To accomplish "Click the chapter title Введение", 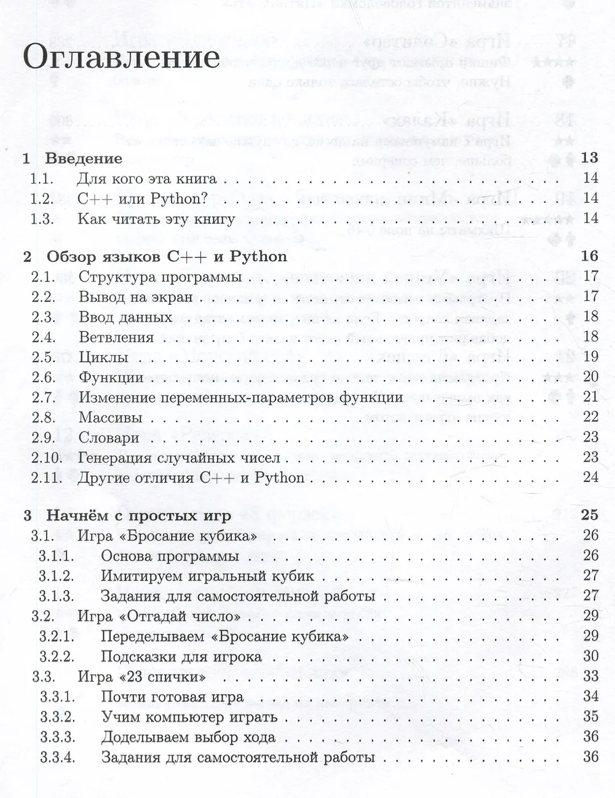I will pyautogui.click(x=84, y=158).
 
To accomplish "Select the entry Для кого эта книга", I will pyautogui.click(x=148, y=179).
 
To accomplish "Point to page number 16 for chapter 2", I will pyautogui.click(x=589, y=256).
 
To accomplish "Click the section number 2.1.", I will pyautogui.click(x=43, y=277).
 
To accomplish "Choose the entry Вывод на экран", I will pyautogui.click(x=136, y=297).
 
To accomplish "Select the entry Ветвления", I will pyautogui.click(x=116, y=337).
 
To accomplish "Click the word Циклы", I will pyautogui.click(x=103, y=357).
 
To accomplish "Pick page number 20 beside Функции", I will pyautogui.click(x=590, y=377).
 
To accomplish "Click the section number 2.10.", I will pyautogui.click(x=46, y=457).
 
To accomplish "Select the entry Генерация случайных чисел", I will pyautogui.click(x=180, y=457).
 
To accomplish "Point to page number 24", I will pyautogui.click(x=590, y=477).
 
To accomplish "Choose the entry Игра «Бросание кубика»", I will pyautogui.click(x=167, y=535).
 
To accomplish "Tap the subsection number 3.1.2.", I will pyautogui.click(x=57, y=576).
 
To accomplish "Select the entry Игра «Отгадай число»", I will pyautogui.click(x=159, y=616).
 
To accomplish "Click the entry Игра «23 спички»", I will pyautogui.click(x=142, y=676).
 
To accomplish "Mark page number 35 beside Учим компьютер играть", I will pyautogui.click(x=590, y=716).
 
